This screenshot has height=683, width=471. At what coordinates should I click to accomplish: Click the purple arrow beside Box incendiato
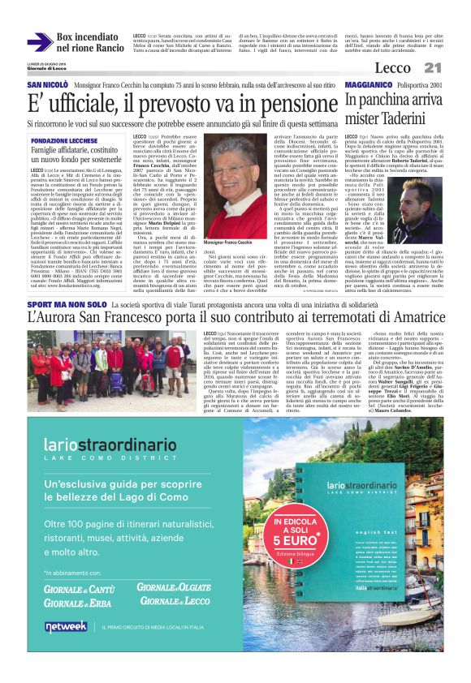[x=41, y=41]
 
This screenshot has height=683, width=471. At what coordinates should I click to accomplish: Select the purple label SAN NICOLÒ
[x=47, y=85]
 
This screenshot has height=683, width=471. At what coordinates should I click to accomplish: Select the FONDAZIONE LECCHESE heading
[x=67, y=140]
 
